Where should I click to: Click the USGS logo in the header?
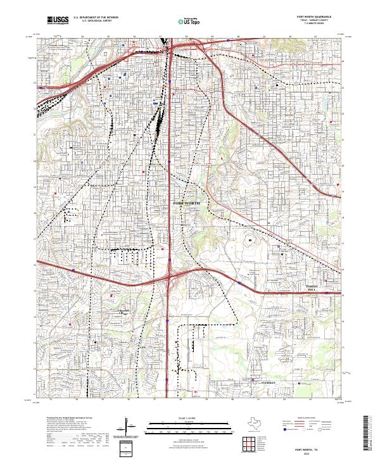click(x=58, y=21)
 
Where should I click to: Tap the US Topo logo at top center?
click(x=188, y=21)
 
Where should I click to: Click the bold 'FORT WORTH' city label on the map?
click(x=186, y=203)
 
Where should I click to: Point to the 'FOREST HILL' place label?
click(x=315, y=287)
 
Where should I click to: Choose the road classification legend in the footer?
click(x=307, y=426)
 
